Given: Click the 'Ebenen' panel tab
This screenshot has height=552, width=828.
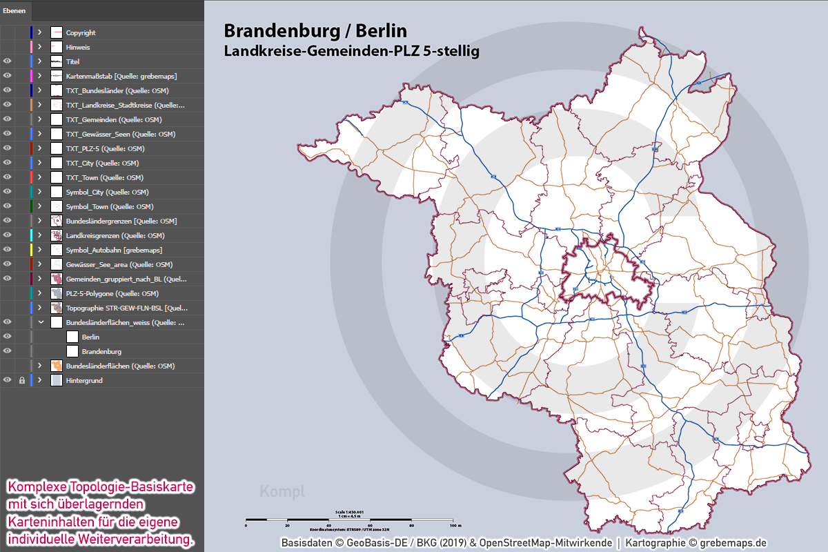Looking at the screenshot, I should (14, 10).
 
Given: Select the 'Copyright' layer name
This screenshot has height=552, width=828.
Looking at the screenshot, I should (81, 33).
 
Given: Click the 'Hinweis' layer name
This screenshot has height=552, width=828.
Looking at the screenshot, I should (78, 48).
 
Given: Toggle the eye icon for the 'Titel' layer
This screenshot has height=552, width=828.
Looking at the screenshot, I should (8, 61).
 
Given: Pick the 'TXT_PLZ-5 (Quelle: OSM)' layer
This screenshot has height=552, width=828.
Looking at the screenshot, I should (105, 148).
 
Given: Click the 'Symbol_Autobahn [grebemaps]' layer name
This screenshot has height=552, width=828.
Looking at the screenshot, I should (114, 250).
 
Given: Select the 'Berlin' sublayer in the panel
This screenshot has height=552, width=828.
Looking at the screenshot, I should (90, 337).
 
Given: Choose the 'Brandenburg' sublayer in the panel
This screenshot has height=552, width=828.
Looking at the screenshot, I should (101, 351).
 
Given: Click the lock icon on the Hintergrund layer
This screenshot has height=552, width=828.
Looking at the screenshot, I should (21, 380).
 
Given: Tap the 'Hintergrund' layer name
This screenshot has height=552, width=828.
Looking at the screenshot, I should (84, 380).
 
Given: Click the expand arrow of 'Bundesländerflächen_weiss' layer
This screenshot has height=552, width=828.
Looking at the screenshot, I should (40, 322).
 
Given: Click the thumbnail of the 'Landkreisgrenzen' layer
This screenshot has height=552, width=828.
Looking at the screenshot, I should (57, 235).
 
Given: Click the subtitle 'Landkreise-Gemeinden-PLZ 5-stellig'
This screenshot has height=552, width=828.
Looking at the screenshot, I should (351, 51).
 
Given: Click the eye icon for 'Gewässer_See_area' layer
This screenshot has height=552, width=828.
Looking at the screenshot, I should (8, 264).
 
